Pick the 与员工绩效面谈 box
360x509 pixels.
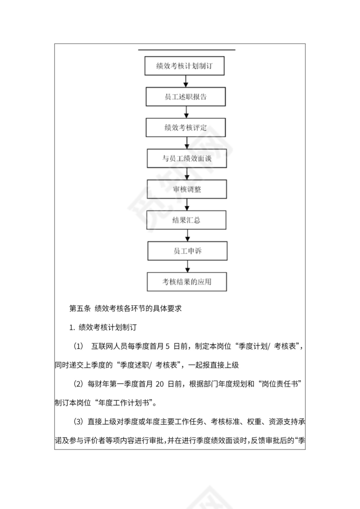(187, 159)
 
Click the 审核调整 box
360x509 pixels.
(187, 189)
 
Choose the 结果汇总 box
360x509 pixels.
(187, 220)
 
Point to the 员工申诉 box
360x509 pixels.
(187, 251)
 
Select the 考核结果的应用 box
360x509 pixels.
(187, 282)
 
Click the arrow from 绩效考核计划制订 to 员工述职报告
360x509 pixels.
(186, 82)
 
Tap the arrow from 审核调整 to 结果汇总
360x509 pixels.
(187, 205)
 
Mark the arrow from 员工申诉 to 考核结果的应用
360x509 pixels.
(187, 266)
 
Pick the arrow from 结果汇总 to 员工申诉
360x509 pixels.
(187, 235)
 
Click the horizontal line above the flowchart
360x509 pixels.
(187, 50)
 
